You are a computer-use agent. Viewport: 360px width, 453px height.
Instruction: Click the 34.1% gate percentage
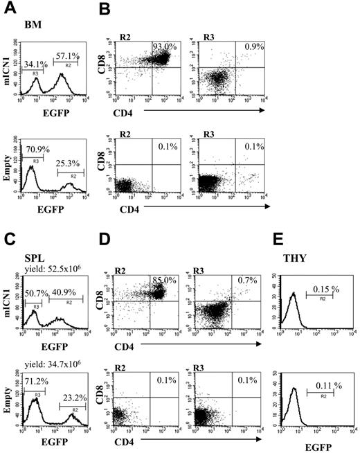coord(36,64)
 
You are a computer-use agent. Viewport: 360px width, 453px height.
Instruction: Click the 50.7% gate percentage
coord(35,294)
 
